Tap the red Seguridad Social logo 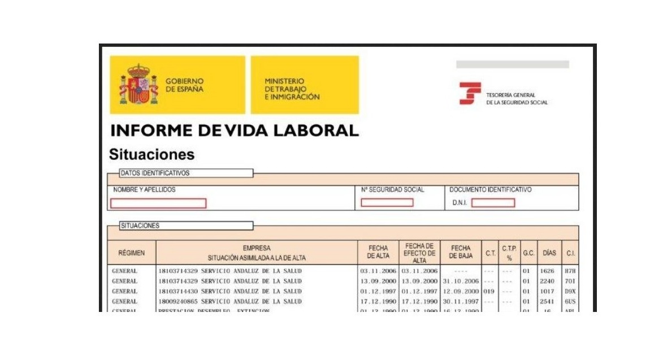[x=470, y=93]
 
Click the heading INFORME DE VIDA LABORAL [x=235, y=131]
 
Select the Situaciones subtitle [x=151, y=154]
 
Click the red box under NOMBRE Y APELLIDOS [x=158, y=203]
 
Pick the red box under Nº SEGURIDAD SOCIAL [x=387, y=202]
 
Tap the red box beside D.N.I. [x=493, y=202]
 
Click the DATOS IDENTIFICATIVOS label [x=155, y=173]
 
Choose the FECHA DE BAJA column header [x=461, y=252]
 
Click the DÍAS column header [x=549, y=253]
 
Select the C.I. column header [x=570, y=253]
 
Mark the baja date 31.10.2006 [x=461, y=281]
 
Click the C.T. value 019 [x=489, y=292]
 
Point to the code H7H [x=570, y=271]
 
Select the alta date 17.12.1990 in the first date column [x=378, y=302]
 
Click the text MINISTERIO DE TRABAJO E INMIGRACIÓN [x=292, y=89]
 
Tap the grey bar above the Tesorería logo [x=512, y=64]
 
